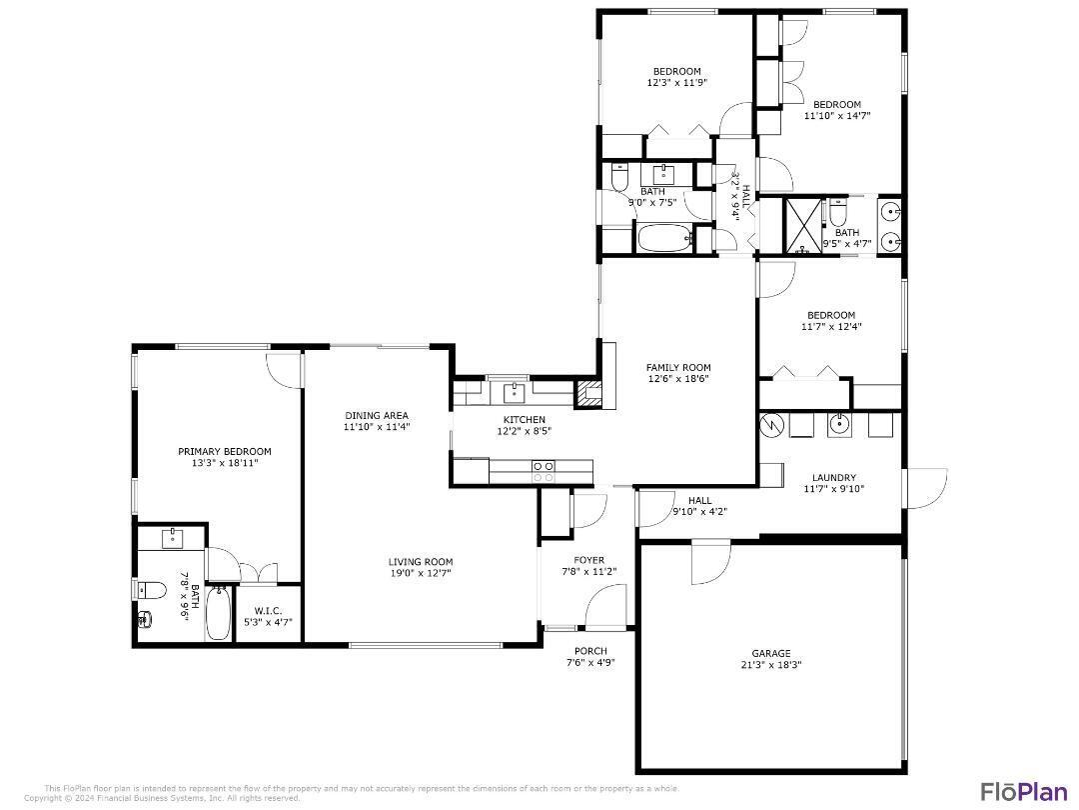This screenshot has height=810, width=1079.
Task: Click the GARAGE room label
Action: [x=770, y=653]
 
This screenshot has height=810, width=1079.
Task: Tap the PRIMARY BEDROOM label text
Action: [x=224, y=451]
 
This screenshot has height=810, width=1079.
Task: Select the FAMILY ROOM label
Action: [x=678, y=368]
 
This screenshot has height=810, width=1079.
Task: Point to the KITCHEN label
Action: [x=524, y=419]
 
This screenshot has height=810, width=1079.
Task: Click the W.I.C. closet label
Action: [x=268, y=611]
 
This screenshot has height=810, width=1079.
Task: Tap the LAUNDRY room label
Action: [x=833, y=478]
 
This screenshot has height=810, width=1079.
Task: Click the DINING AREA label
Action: [x=377, y=415]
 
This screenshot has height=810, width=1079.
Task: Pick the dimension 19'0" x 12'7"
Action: [x=421, y=573]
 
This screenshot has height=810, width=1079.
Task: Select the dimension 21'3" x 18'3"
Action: [x=770, y=665]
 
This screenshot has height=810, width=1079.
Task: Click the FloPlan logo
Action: [x=1023, y=791]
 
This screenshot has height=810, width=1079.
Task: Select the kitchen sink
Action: [x=516, y=390]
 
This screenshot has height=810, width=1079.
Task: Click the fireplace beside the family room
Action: [x=591, y=394]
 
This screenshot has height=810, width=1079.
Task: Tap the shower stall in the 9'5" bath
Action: [x=801, y=226]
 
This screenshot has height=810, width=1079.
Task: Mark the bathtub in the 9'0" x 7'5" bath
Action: [x=664, y=239]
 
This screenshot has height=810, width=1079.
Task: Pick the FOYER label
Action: [x=588, y=560]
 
